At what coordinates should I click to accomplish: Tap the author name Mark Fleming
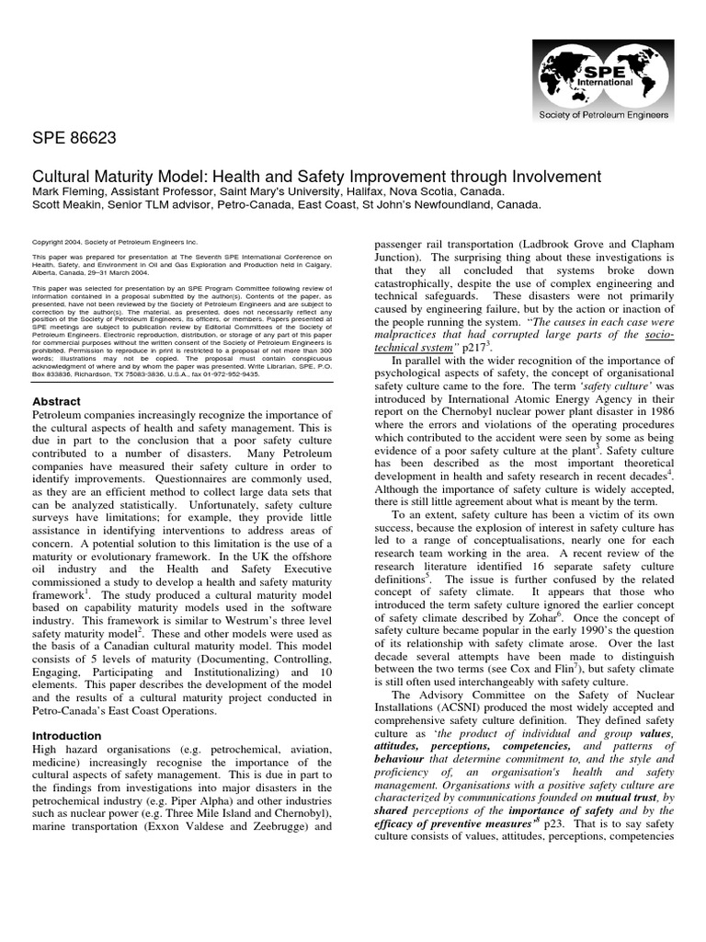69,191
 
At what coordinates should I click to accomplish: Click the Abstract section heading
56,402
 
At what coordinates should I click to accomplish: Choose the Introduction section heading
68,736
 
